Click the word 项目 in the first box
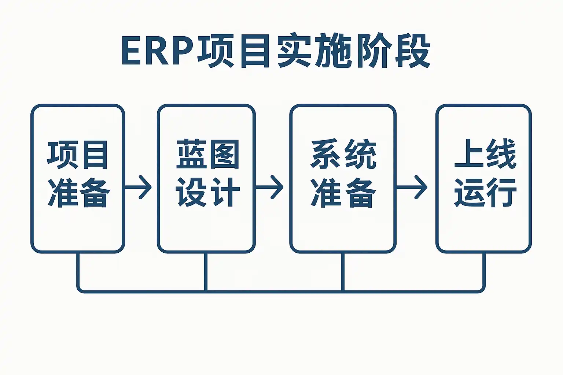coord(78,155)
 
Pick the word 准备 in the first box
coord(79,193)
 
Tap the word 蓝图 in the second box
coord(208,154)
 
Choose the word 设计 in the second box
coord(208,192)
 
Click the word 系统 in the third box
coord(343,154)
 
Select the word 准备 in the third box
coord(343,193)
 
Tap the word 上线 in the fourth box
coord(485,154)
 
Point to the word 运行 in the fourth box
coord(485,193)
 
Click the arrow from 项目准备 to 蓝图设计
coord(138,187)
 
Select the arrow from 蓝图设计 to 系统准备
coord(269,187)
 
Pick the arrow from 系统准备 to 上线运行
coord(412,187)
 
